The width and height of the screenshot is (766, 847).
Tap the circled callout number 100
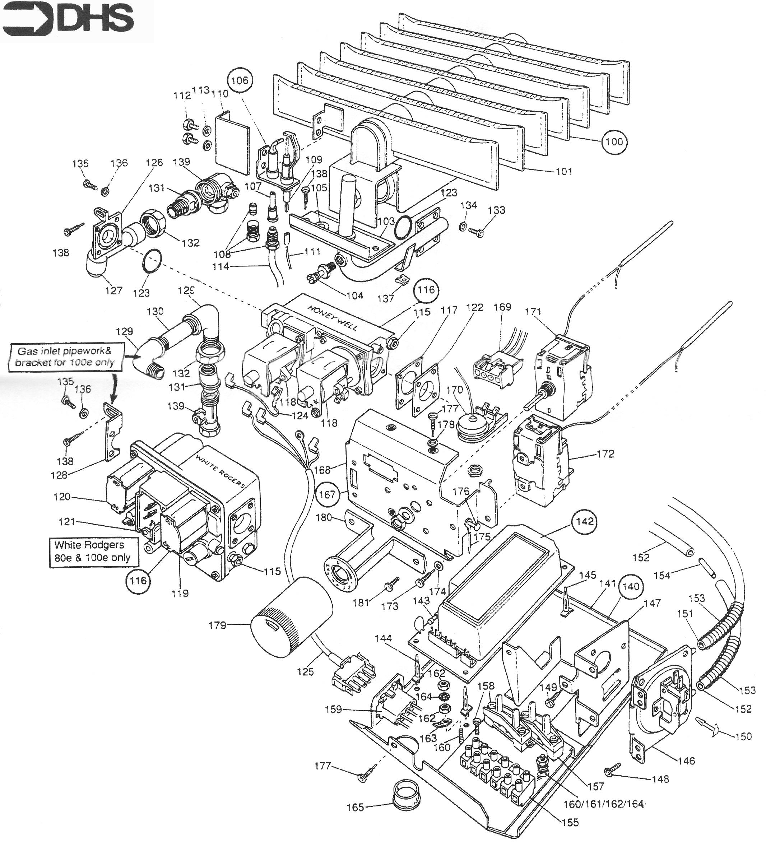coord(614,141)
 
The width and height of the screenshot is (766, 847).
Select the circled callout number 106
coord(240,80)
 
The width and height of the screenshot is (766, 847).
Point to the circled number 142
coord(585,521)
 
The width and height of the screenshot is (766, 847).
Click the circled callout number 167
coord(327,494)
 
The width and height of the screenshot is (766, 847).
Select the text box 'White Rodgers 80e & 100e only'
coord(92,551)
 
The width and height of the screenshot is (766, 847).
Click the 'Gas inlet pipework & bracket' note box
coord(65,357)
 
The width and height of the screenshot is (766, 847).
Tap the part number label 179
coord(217,625)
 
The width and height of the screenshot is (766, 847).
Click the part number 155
coord(569,822)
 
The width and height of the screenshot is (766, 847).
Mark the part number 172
coord(605,454)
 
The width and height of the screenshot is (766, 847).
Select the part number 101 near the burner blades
coord(564,171)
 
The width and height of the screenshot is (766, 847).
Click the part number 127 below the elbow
coord(113,290)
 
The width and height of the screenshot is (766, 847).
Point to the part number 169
coord(502,307)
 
